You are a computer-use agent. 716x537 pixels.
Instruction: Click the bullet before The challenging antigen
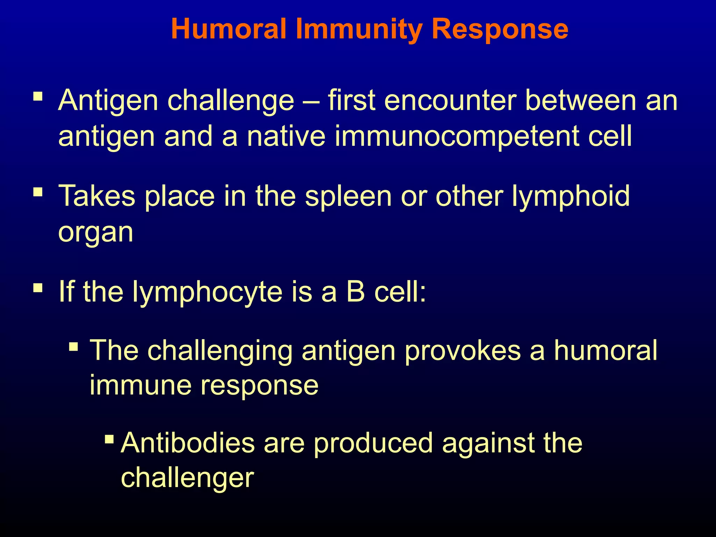coord(73,347)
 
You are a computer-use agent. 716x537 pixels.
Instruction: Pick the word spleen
coord(348,196)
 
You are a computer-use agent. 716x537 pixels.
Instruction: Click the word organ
coord(96,233)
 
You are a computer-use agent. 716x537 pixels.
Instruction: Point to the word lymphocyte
coord(207,292)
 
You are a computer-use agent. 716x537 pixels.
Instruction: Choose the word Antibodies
coord(188,443)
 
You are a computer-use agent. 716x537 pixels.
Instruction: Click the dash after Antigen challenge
coord(311,101)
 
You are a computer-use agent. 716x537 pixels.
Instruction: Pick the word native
coord(286,136)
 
